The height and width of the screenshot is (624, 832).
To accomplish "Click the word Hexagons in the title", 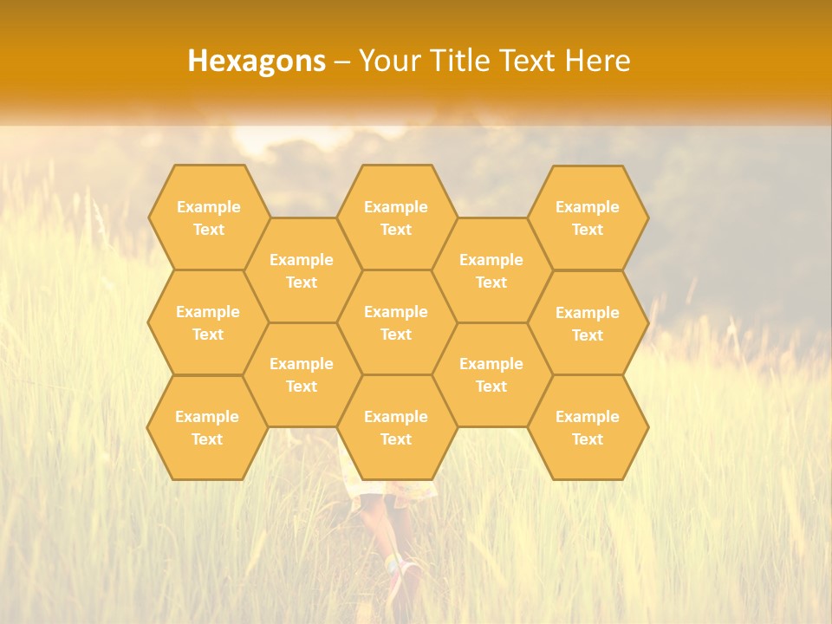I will click(257, 61).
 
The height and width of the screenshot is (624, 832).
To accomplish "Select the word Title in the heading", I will click(460, 61).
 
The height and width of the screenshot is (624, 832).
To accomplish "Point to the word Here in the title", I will click(597, 61).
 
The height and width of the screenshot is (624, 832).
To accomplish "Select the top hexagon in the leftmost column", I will click(208, 218).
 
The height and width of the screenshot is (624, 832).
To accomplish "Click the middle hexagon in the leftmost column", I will click(208, 322).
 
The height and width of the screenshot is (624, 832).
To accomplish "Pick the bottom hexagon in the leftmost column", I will click(207, 427).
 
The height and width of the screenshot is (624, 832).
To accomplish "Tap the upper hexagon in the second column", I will click(302, 270).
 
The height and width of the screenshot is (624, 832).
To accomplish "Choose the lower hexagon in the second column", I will click(302, 374).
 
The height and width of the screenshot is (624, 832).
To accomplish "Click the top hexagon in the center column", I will click(396, 218).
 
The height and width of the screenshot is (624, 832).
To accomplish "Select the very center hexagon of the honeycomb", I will click(396, 322).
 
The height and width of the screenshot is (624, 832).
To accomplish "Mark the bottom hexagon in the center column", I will click(396, 427).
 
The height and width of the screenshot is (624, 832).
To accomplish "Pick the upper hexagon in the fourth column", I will click(491, 270).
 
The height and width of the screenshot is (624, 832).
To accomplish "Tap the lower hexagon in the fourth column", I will click(491, 374).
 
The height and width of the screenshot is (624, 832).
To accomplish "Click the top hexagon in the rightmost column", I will click(588, 218).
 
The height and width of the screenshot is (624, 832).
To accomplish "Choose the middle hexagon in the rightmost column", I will click(588, 323).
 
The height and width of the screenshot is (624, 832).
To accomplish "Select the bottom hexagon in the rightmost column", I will click(588, 427).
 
